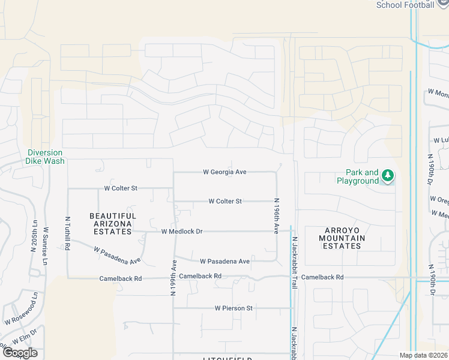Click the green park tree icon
click(x=388, y=176)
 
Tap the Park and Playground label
click(x=358, y=177)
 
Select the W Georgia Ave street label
click(x=225, y=172)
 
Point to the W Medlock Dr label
click(x=182, y=232)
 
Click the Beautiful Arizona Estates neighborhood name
click(x=113, y=224)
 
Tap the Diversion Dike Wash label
click(x=46, y=157)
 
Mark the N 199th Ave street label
click(x=174, y=277)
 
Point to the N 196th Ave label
click(x=277, y=216)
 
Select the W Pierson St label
click(x=234, y=308)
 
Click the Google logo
click(x=20, y=352)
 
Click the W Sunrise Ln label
click(x=46, y=247)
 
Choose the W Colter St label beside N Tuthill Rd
click(x=121, y=188)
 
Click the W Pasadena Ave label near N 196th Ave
click(x=225, y=262)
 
